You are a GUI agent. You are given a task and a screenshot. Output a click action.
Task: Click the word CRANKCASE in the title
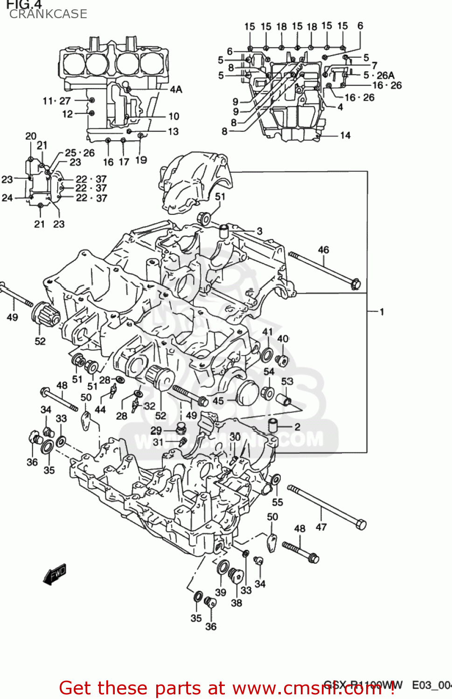(x=48, y=14)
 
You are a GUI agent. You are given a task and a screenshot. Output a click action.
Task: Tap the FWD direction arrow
(x=55, y=574)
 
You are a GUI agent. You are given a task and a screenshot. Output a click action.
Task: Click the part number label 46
(x=323, y=250)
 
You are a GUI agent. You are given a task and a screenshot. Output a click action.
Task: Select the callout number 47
(x=321, y=527)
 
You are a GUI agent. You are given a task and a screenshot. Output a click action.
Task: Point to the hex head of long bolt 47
(x=361, y=524)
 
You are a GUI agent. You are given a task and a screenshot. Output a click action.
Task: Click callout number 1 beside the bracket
(x=382, y=312)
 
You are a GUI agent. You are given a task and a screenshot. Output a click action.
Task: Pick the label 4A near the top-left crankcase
(x=176, y=89)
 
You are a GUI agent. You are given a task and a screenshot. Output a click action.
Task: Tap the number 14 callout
(x=345, y=136)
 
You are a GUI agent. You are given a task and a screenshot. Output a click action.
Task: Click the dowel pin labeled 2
(x=273, y=425)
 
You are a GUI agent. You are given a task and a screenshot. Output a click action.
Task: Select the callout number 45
(x=218, y=401)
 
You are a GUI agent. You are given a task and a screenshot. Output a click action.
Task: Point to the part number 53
(x=287, y=381)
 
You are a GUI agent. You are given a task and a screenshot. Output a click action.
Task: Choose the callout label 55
(x=278, y=502)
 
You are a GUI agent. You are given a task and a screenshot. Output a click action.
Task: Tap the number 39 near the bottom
(x=221, y=592)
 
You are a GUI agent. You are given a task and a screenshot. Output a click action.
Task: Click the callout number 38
(x=236, y=603)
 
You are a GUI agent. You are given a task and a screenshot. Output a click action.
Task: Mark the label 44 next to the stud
(x=100, y=410)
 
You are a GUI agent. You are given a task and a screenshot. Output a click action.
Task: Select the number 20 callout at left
(x=31, y=136)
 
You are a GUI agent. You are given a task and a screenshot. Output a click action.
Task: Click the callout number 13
(x=173, y=132)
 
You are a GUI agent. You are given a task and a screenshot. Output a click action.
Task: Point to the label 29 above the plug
(x=156, y=431)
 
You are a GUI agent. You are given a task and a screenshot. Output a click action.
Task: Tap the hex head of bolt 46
(x=355, y=283)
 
